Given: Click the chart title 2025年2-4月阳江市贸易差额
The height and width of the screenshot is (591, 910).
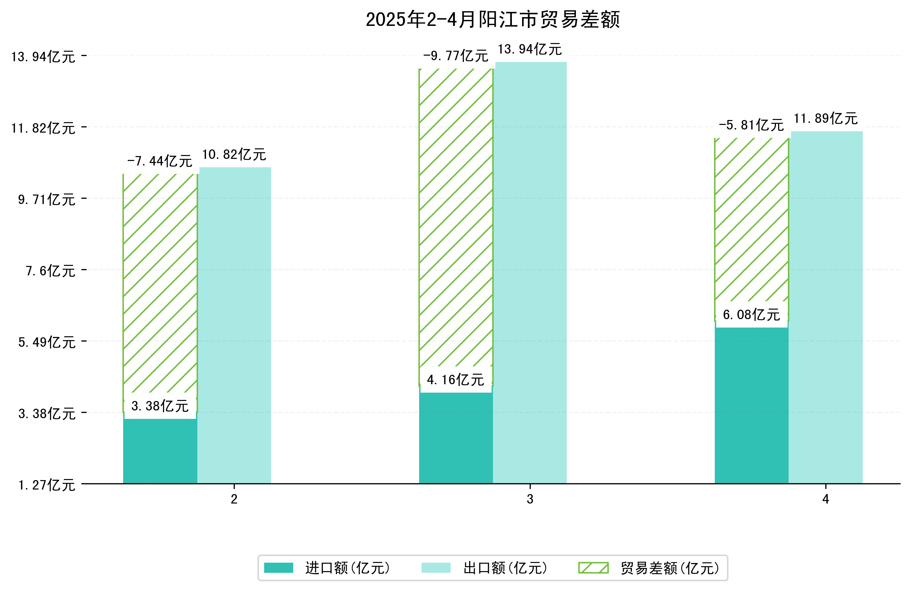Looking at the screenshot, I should point(493,20).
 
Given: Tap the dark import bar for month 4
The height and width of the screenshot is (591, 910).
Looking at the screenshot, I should point(751,406).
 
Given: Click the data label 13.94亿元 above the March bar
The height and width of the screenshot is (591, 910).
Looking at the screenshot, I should point(530,49).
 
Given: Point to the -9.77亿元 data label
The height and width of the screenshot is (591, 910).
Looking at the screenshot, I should point(456,56).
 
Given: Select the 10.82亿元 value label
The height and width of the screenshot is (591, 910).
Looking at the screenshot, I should point(234,155).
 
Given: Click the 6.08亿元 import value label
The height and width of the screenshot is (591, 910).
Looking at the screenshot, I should point(751,315).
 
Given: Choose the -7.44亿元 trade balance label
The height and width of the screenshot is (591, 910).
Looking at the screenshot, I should point(160,161).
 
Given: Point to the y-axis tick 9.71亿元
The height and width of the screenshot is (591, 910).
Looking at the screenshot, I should point(47,200).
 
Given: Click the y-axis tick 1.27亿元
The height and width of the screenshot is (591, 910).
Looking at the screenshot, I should point(47,485).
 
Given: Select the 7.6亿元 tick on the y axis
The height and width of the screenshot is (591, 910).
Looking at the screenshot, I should point(50,271).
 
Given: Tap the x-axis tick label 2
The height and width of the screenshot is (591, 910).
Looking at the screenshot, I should point(234,499).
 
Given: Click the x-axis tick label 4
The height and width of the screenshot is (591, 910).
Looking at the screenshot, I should point(825,499).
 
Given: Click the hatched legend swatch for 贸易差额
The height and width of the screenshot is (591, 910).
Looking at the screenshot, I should point(593,568).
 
